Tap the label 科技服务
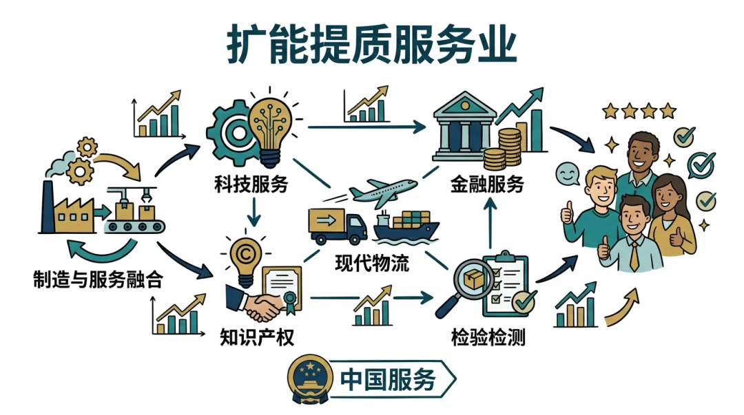coord(250,184)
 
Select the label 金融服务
coord(488,184)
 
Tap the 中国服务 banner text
coord(389,380)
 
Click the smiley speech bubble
coord(568,171)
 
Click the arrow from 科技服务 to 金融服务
coord(365,127)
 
